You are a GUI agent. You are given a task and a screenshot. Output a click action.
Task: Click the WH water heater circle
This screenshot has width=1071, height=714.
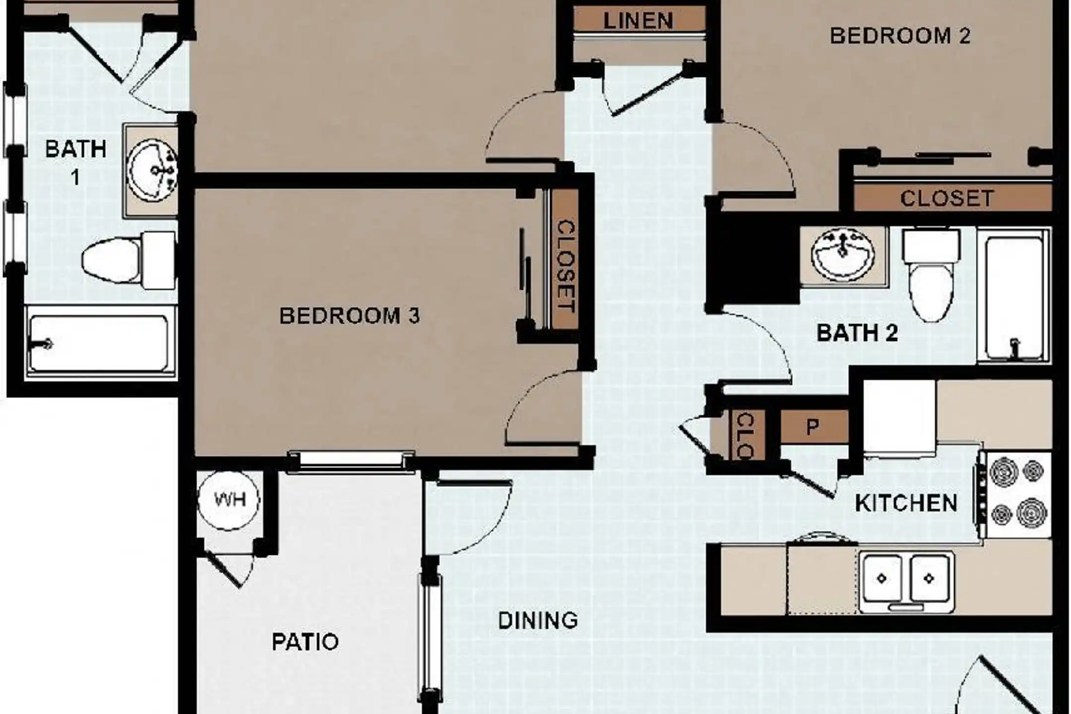[229, 500]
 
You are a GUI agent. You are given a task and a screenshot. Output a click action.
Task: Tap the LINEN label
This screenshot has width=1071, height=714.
[639, 21]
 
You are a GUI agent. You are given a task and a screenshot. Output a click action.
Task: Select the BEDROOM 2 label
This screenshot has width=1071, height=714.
[900, 36]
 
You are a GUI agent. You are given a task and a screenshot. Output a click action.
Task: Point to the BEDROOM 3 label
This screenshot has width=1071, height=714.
[350, 316]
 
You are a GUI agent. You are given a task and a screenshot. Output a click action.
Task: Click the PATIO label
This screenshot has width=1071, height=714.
[305, 642]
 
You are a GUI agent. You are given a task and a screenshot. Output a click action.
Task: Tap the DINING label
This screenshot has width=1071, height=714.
[538, 621]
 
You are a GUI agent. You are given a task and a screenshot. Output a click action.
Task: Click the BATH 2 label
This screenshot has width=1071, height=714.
[857, 333]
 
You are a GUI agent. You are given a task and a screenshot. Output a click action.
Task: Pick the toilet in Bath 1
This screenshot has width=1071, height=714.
[128, 260]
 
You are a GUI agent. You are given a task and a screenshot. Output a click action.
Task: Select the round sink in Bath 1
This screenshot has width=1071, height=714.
[151, 171]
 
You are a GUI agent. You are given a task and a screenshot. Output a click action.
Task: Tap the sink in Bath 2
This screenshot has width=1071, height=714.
[842, 255]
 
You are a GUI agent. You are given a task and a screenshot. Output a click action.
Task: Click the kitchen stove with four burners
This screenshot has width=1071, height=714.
[1017, 494]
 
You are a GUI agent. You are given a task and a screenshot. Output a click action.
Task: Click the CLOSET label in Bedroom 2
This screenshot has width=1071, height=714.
[947, 198]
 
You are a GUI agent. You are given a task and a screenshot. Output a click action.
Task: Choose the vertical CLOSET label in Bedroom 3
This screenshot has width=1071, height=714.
[566, 266]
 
